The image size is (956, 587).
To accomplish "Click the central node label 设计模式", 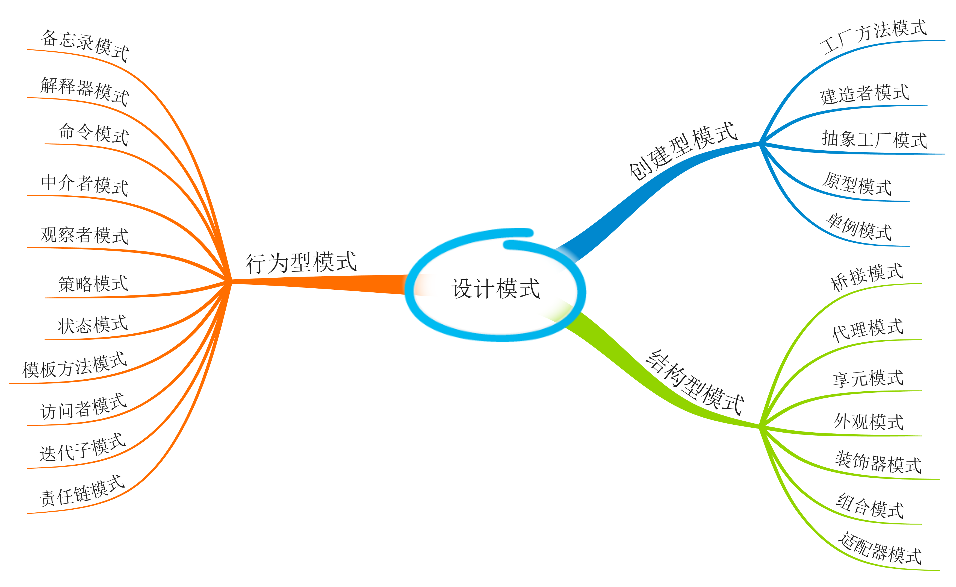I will [495, 289].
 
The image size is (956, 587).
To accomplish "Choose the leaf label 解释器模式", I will [85, 91].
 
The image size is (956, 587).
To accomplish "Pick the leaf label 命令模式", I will [93, 134].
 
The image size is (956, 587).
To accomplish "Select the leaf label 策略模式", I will [93, 284].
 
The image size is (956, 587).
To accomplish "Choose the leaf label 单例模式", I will [859, 227].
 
